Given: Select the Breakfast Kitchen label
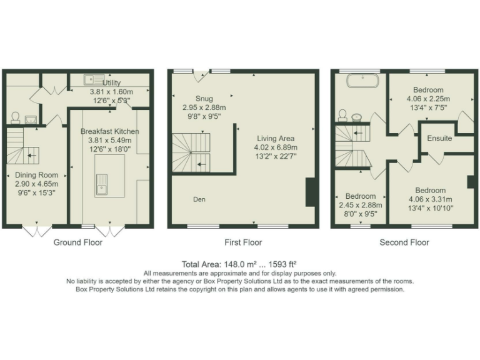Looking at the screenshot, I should pyautogui.click(x=109, y=132).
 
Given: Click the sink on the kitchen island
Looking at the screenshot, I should pyautogui.click(x=101, y=185).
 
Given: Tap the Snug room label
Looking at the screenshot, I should pyautogui.click(x=204, y=99).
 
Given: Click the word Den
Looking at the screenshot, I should pyautogui.click(x=199, y=199).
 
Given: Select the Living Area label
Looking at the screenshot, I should pyautogui.click(x=276, y=139).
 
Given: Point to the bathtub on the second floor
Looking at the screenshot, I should pyautogui.click(x=360, y=80).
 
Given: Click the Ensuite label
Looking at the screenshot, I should pyautogui.click(x=439, y=138).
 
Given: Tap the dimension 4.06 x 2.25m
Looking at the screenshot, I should pyautogui.click(x=428, y=99).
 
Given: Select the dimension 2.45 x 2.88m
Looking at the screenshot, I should pyautogui.click(x=359, y=205).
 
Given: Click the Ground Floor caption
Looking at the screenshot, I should pyautogui.click(x=77, y=242).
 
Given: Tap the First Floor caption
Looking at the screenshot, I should pyautogui.click(x=243, y=242).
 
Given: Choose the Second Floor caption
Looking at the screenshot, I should pyautogui.click(x=404, y=242).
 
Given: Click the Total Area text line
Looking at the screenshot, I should pyautogui.click(x=240, y=264).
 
